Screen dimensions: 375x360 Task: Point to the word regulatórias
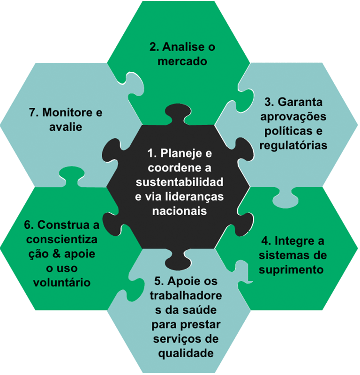tap(293, 145)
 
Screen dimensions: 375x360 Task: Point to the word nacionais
tap(180, 210)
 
